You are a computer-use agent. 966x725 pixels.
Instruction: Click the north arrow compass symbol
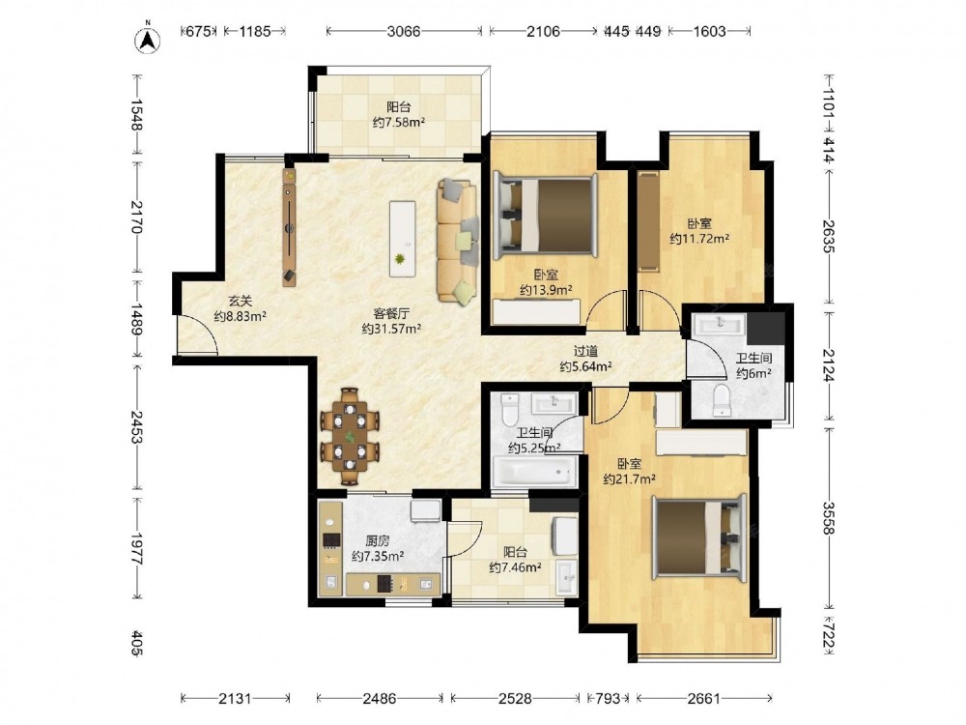(x=148, y=39)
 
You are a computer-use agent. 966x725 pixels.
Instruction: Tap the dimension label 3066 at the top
(x=404, y=31)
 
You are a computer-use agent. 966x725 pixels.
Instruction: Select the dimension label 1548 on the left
(x=136, y=115)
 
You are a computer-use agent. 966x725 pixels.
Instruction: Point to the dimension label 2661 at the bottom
(x=703, y=699)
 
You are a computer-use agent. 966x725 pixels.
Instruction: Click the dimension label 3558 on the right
(x=829, y=518)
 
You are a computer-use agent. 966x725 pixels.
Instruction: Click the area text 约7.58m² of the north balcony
(x=399, y=122)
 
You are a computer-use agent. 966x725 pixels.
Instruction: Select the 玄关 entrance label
(x=241, y=302)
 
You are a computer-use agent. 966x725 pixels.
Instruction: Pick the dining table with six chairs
(x=350, y=436)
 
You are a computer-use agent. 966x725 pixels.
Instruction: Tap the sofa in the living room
(x=457, y=241)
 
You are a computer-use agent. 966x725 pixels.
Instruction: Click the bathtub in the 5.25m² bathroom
(x=534, y=473)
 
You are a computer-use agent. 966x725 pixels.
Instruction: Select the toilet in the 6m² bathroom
(x=721, y=400)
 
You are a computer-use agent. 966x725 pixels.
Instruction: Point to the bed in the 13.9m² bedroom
(x=545, y=216)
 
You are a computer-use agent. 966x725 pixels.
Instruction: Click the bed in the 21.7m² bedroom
(x=699, y=537)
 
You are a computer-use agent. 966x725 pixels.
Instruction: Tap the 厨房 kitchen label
(x=377, y=541)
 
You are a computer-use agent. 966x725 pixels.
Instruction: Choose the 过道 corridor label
(x=586, y=352)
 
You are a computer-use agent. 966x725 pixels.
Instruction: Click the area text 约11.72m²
(x=699, y=238)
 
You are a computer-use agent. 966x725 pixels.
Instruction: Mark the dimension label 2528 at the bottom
(x=515, y=699)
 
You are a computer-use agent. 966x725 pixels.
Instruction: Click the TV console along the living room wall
(x=289, y=227)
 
